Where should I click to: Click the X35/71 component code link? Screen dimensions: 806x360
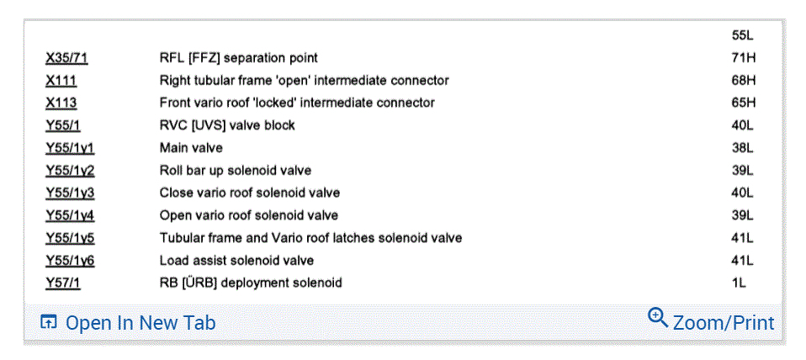[66, 58]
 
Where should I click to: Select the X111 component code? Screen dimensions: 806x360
[61, 81]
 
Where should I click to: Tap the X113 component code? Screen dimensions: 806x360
[61, 103]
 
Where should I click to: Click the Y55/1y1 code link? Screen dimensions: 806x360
[70, 148]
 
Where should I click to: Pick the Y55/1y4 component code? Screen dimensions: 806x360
[70, 215]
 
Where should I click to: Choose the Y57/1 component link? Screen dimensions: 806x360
[63, 283]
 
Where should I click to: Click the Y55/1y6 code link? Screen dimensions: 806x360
[70, 261]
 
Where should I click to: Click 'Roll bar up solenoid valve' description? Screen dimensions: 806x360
[235, 170]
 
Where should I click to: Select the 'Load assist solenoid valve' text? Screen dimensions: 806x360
[236, 261]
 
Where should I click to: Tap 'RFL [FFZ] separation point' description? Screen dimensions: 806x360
[238, 58]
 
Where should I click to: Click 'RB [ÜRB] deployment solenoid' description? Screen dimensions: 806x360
[251, 283]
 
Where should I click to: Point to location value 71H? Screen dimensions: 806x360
[744, 58]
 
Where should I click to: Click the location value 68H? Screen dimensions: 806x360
[744, 81]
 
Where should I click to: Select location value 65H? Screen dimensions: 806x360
[744, 103]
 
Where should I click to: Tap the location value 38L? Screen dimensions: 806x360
[743, 148]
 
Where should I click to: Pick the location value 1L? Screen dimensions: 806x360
[740, 283]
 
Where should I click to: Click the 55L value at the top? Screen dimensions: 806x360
[743, 35]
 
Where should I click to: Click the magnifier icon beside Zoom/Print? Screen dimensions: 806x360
[658, 319]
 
